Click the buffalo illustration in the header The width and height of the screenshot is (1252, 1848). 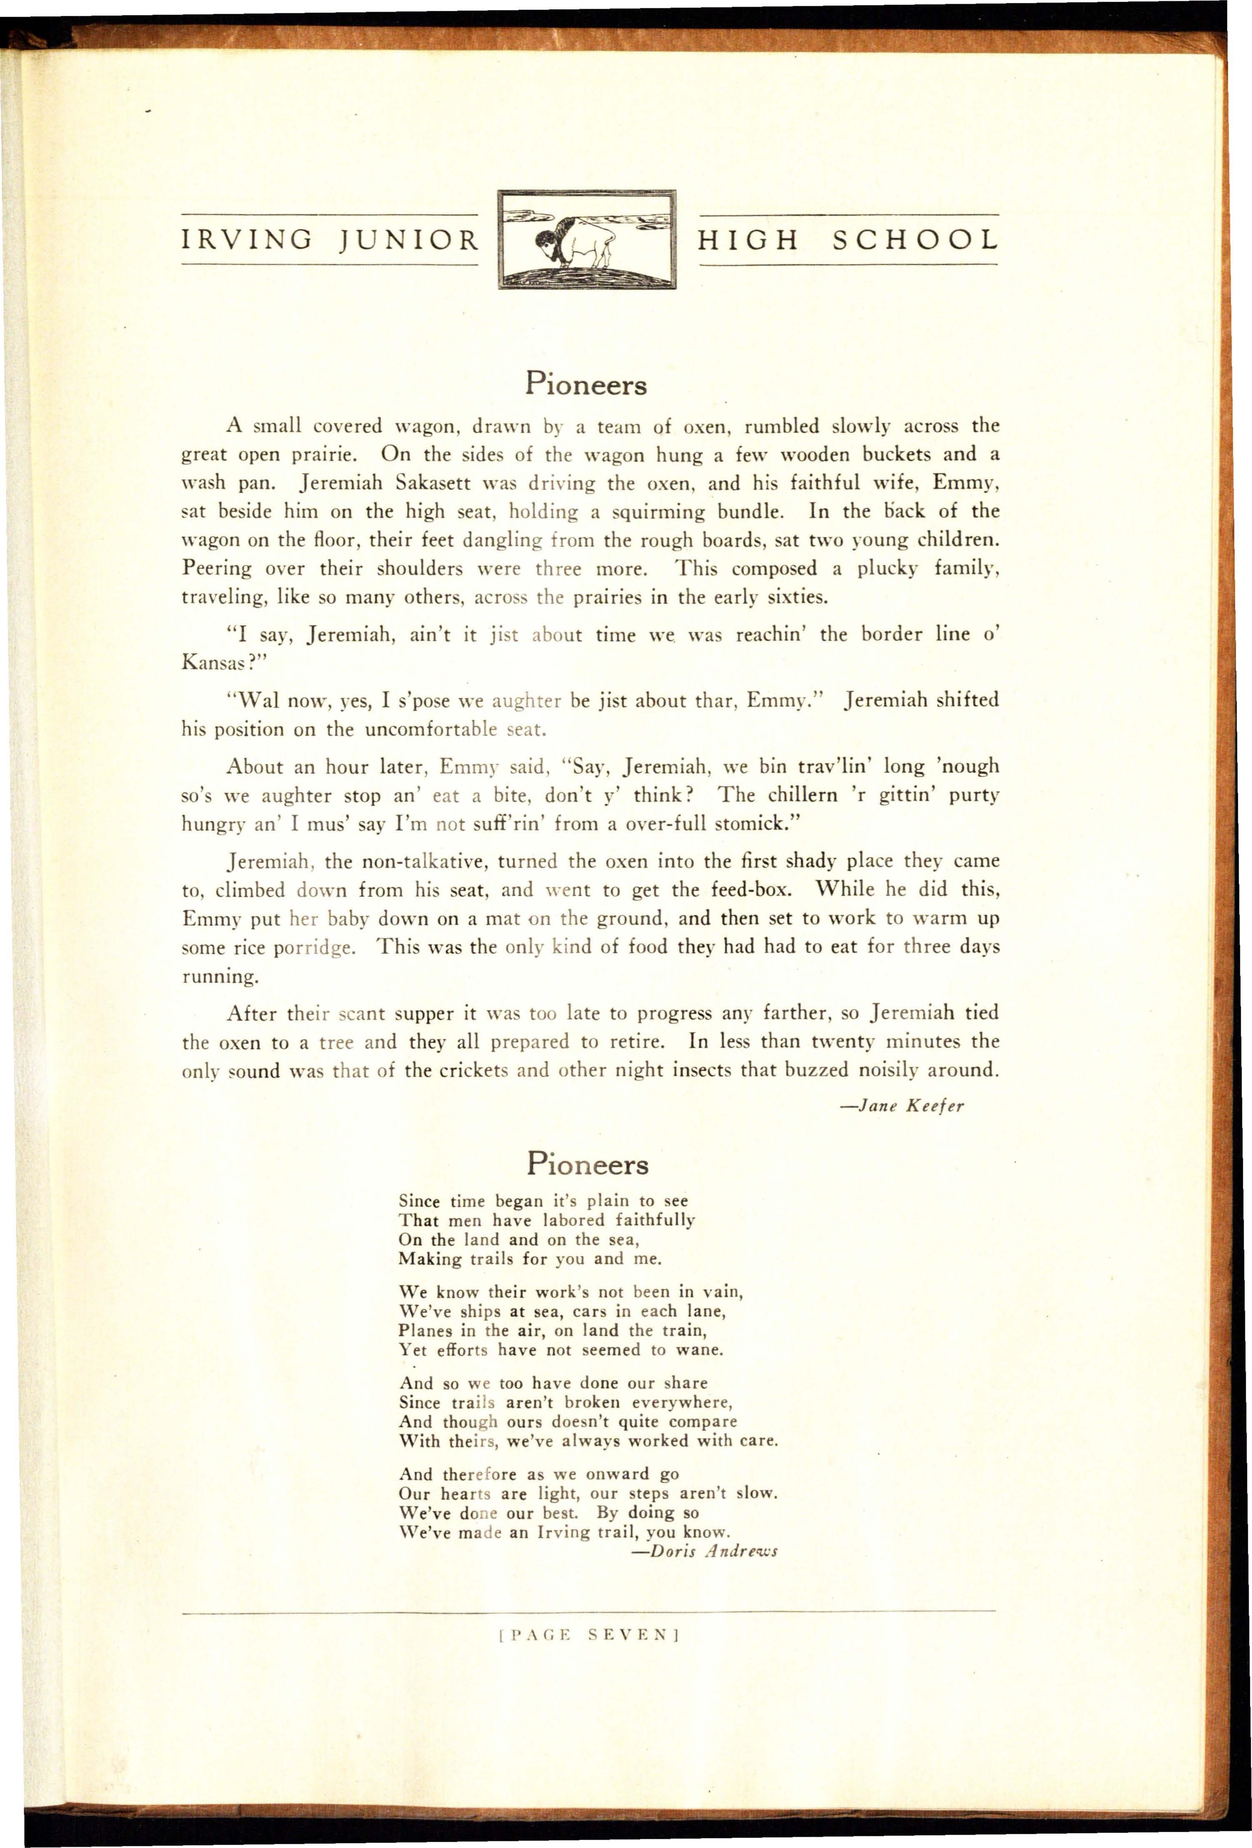(x=586, y=240)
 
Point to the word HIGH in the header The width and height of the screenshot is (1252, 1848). (x=748, y=240)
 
